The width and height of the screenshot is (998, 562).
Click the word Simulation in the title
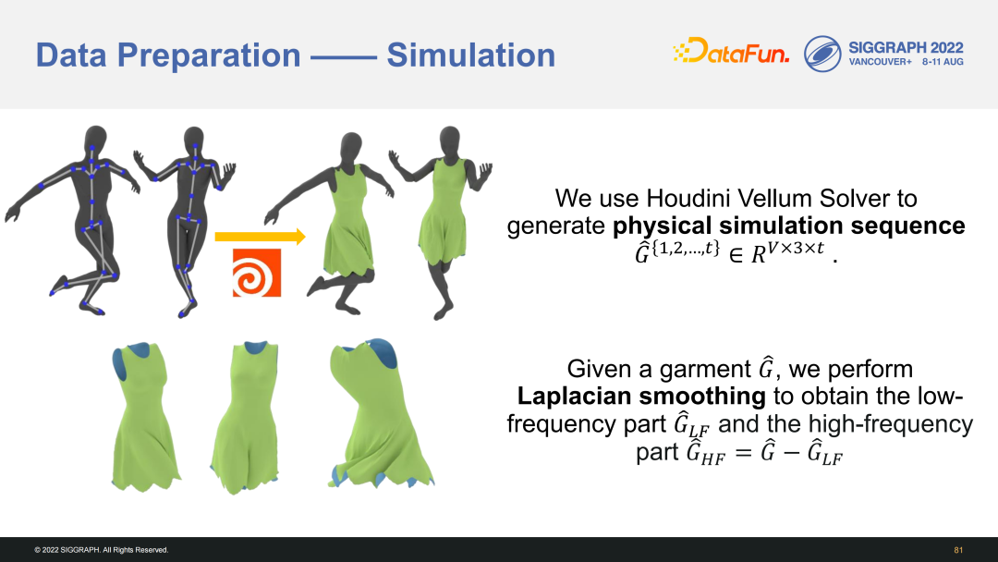471,55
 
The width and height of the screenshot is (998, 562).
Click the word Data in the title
71,55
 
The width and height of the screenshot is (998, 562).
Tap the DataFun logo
731,51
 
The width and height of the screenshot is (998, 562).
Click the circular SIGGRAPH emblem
822,54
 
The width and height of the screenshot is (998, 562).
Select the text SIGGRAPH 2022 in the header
906,48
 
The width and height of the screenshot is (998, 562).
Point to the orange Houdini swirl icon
257,273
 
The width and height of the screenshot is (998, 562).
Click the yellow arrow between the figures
261,237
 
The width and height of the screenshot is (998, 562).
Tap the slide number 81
958,550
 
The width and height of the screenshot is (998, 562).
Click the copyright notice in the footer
102,550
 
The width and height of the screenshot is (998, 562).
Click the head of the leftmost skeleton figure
95,137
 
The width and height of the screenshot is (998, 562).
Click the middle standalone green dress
245,417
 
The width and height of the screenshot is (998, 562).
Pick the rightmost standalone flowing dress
380,414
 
